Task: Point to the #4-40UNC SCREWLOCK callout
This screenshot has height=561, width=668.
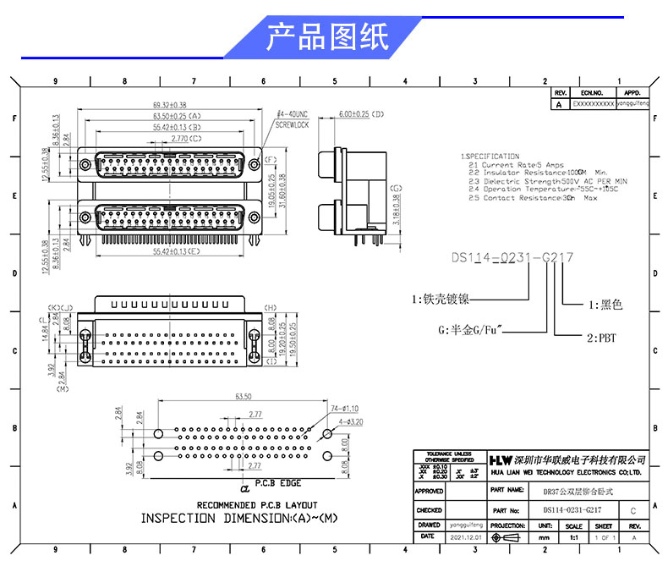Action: point(293,118)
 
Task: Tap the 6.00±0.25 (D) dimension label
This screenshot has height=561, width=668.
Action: point(362,113)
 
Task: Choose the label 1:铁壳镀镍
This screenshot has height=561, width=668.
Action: point(441,299)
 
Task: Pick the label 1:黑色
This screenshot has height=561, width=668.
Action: point(605,304)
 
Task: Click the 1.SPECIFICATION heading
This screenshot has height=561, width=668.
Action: point(490,157)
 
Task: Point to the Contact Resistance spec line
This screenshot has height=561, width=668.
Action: point(534,198)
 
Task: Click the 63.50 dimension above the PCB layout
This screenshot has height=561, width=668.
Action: point(244,395)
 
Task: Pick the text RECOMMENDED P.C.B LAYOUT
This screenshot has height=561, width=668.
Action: point(243,505)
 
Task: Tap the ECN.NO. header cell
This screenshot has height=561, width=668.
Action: point(591,93)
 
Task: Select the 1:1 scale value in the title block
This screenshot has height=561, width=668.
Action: point(575,537)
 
